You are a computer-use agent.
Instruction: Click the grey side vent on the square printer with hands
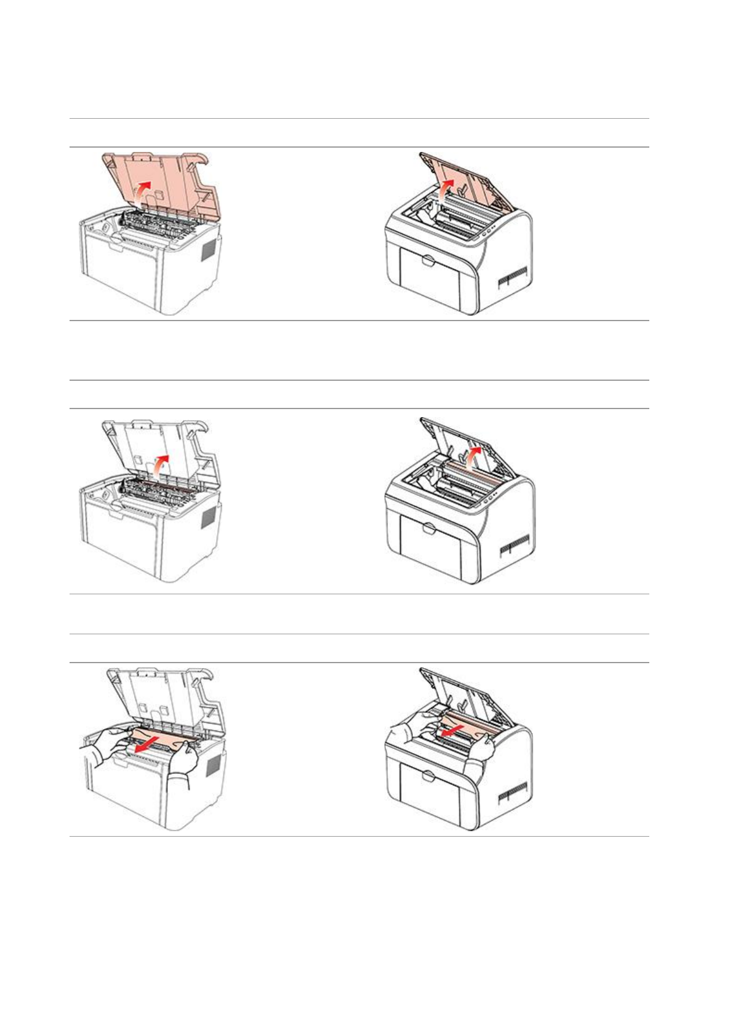tap(213, 766)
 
